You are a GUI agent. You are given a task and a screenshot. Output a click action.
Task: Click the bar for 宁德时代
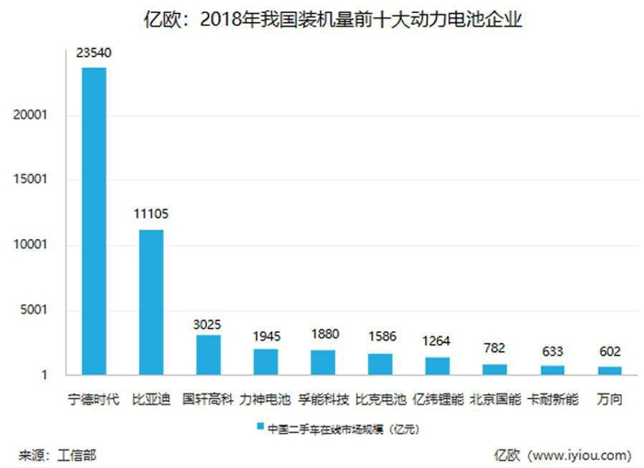click(94, 221)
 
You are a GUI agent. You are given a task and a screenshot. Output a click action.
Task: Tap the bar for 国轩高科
click(208, 354)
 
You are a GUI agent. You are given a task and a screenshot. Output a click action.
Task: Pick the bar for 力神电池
click(266, 361)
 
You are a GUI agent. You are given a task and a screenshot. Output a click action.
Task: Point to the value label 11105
click(151, 214)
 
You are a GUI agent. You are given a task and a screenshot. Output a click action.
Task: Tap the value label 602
click(608, 351)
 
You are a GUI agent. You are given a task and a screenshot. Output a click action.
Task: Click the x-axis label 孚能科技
click(323, 400)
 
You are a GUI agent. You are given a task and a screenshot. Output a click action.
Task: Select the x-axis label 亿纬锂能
click(438, 400)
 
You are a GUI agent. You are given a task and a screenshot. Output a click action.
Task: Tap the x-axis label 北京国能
click(495, 400)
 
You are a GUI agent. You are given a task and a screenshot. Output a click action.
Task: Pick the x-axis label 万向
click(608, 400)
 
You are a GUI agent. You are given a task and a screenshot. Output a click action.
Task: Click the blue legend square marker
click(260, 428)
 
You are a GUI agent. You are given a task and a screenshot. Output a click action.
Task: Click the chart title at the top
click(322, 17)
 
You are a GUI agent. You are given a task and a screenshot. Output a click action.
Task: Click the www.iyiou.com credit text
click(584, 454)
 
